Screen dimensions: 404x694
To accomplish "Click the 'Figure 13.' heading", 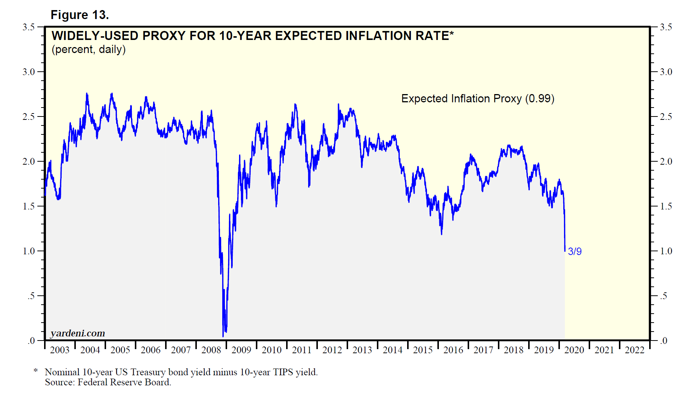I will pyautogui.click(x=80, y=15).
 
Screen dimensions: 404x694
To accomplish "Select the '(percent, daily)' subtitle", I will pyautogui.click(x=89, y=49).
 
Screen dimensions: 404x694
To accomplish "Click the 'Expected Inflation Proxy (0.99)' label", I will pyautogui.click(x=477, y=99).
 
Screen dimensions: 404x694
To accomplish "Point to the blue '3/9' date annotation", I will pyautogui.click(x=574, y=252).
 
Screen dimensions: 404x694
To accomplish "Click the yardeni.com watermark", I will pyautogui.click(x=78, y=333).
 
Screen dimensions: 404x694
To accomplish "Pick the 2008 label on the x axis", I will pyautogui.click(x=211, y=350).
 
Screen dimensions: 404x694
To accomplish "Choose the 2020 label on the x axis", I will pyautogui.click(x=574, y=350).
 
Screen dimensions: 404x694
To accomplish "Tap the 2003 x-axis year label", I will pyautogui.click(x=60, y=350).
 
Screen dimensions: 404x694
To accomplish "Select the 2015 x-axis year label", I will pyautogui.click(x=423, y=350).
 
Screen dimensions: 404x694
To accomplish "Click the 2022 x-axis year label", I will pyautogui.click(x=635, y=350).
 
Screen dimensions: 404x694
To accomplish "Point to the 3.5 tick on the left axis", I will pyautogui.click(x=29, y=27).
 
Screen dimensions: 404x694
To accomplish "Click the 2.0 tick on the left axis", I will pyautogui.click(x=29, y=162).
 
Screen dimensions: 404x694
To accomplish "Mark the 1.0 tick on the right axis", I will pyautogui.click(x=666, y=251).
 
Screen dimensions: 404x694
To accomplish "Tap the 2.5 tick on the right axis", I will pyautogui.click(x=666, y=117).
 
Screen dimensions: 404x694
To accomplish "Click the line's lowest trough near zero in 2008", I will pyautogui.click(x=223, y=336).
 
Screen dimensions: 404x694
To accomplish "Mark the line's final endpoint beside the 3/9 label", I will pyautogui.click(x=565, y=251).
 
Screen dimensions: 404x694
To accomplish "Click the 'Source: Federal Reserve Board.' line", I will pyautogui.click(x=108, y=382).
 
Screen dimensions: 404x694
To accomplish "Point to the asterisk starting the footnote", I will pyautogui.click(x=36, y=371).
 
